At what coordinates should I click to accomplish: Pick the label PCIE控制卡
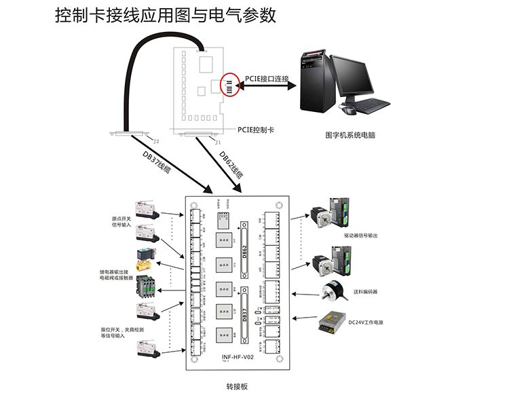255,129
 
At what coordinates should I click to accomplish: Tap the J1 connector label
217,143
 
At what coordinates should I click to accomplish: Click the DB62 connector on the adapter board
246,247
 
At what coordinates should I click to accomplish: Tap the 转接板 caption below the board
238,385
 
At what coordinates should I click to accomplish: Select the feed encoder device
333,292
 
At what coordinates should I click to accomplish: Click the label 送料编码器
367,292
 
